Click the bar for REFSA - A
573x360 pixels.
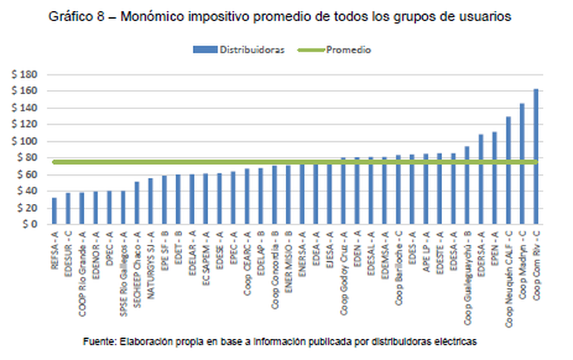pyautogui.click(x=53, y=210)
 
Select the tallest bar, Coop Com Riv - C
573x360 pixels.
pyautogui.click(x=536, y=157)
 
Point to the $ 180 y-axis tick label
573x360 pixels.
pyautogui.click(x=26, y=75)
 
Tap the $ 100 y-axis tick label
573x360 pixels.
pyautogui.click(x=26, y=141)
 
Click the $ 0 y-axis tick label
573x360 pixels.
pyautogui.click(x=31, y=224)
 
